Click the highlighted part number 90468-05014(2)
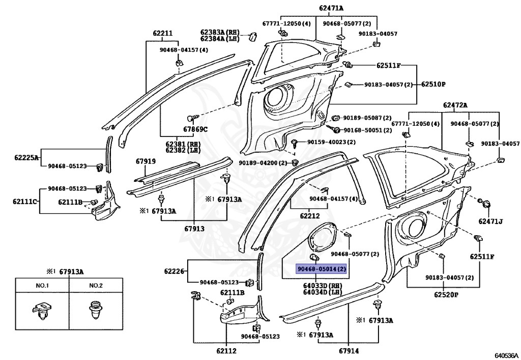click(321, 268)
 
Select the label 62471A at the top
click(331, 8)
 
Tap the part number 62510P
click(432, 84)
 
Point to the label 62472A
click(455, 105)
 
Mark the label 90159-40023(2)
click(331, 142)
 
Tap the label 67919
click(146, 161)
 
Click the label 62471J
click(490, 221)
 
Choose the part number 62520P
click(446, 294)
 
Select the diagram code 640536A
click(506, 355)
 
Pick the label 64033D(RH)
click(323, 286)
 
